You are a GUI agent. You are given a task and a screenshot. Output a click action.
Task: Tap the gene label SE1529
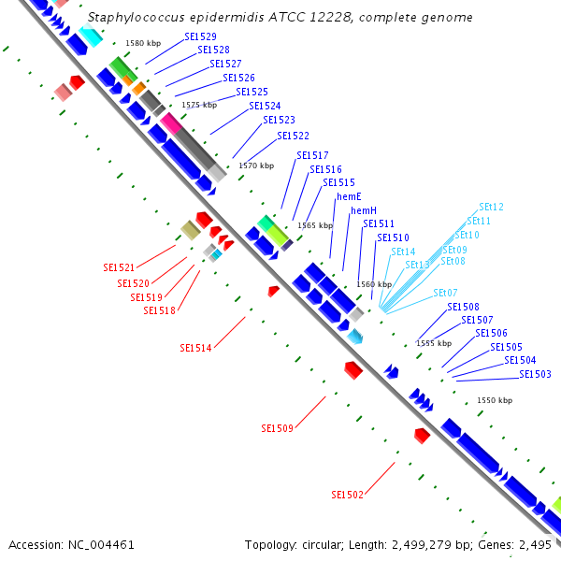point(200,36)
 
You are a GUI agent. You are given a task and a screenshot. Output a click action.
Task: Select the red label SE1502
point(347,495)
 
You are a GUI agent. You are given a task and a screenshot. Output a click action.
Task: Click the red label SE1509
point(278,428)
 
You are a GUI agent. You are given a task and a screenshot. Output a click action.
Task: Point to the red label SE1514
point(195,348)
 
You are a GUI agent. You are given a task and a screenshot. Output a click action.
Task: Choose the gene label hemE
point(349,196)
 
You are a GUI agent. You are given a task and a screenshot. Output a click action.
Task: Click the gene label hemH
point(364,210)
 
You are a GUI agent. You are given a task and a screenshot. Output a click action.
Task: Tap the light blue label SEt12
point(491,207)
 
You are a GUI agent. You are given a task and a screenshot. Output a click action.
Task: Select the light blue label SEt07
point(445,293)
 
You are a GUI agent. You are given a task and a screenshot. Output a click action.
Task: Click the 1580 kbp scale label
point(142,43)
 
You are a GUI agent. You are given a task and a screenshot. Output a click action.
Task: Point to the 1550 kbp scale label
point(495,400)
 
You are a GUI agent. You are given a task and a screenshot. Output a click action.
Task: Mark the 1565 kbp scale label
point(315,225)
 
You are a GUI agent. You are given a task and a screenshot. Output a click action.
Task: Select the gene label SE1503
point(535,374)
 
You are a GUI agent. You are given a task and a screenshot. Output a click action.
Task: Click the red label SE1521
point(119,267)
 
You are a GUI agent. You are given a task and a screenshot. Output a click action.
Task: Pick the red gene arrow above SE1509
point(352,369)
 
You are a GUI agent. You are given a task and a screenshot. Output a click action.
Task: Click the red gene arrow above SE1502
point(422,435)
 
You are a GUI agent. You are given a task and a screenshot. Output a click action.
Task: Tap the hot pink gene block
point(170,122)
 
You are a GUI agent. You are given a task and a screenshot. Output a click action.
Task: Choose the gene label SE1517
point(312,155)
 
